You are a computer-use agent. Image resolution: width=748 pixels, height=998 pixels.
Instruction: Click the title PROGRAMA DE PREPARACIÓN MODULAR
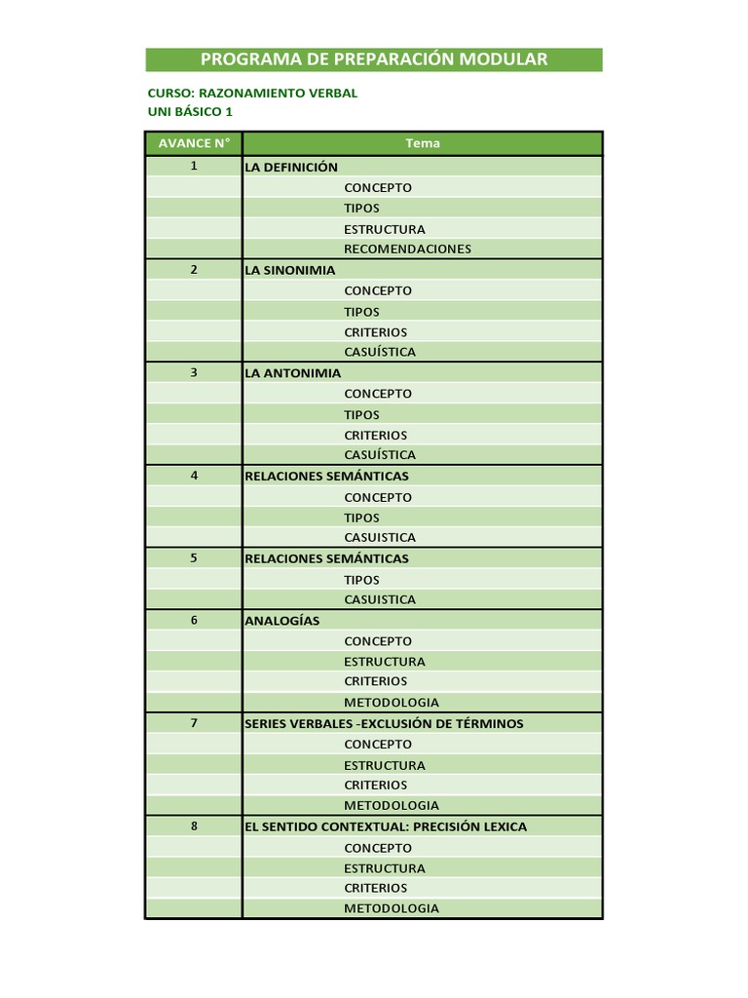click(x=374, y=59)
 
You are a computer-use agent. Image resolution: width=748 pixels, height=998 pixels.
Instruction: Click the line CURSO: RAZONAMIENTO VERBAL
click(x=252, y=94)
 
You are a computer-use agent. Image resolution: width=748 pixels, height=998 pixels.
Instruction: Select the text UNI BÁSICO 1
click(x=190, y=112)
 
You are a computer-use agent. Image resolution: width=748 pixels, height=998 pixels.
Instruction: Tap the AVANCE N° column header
click(x=194, y=143)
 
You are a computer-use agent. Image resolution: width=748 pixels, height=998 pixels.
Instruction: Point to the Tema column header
click(x=423, y=143)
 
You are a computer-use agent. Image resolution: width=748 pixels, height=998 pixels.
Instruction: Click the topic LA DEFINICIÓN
click(x=291, y=167)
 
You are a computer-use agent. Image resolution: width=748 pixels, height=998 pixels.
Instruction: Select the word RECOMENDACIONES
click(x=407, y=249)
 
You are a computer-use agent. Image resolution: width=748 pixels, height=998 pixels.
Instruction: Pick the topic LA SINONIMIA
click(x=290, y=270)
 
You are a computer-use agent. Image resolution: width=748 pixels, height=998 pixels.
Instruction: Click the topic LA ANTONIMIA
click(x=293, y=373)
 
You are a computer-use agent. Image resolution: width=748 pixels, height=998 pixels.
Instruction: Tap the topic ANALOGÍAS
click(x=282, y=621)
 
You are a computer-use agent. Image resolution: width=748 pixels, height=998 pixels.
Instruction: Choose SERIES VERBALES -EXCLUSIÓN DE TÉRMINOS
click(x=384, y=724)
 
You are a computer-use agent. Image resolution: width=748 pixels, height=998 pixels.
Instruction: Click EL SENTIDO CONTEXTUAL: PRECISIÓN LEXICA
click(x=386, y=826)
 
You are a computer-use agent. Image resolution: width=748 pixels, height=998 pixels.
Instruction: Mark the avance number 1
click(x=194, y=167)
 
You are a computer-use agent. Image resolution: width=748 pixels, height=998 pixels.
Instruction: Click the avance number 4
click(x=194, y=477)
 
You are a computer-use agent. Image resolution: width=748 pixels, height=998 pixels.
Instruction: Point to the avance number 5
click(x=194, y=559)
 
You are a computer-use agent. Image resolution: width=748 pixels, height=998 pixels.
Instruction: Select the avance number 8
click(x=194, y=826)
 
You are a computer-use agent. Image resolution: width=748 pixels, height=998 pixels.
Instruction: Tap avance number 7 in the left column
click(x=194, y=724)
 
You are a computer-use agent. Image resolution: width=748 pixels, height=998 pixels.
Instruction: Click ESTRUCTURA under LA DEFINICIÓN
click(x=385, y=229)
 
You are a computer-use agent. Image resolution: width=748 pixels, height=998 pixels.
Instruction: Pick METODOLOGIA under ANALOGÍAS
click(x=392, y=703)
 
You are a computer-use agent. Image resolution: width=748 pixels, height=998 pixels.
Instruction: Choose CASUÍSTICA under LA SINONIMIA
click(x=380, y=352)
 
